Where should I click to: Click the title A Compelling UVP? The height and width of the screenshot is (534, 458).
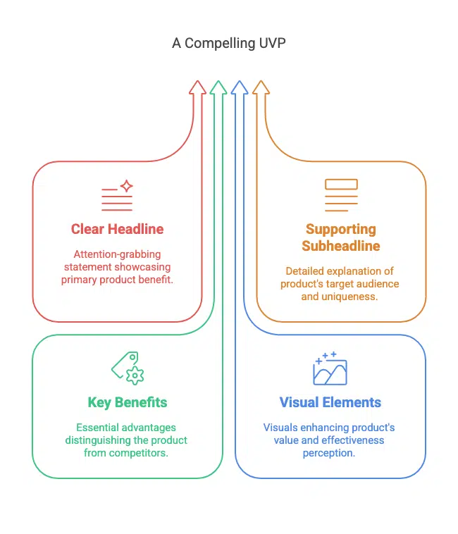(x=229, y=43)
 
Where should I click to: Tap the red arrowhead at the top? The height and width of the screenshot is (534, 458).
(x=197, y=87)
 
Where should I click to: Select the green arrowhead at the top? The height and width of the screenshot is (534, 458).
(x=218, y=87)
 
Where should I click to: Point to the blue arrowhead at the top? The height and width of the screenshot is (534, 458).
(x=240, y=87)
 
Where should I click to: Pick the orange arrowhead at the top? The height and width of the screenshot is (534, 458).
(x=261, y=87)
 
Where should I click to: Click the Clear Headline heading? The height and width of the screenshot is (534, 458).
(x=117, y=229)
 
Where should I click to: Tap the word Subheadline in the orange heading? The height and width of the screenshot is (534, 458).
(x=341, y=246)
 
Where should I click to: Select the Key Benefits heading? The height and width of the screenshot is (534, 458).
(x=128, y=402)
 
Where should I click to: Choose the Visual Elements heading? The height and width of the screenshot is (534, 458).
(x=330, y=402)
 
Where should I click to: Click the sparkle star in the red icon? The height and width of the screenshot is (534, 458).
(x=127, y=186)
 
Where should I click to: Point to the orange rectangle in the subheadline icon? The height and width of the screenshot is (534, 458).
(x=341, y=185)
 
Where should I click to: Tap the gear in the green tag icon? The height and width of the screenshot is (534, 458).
(x=135, y=375)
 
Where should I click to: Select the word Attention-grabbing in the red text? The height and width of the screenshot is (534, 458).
(x=117, y=254)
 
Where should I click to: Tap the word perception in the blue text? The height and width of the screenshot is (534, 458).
(x=328, y=453)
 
